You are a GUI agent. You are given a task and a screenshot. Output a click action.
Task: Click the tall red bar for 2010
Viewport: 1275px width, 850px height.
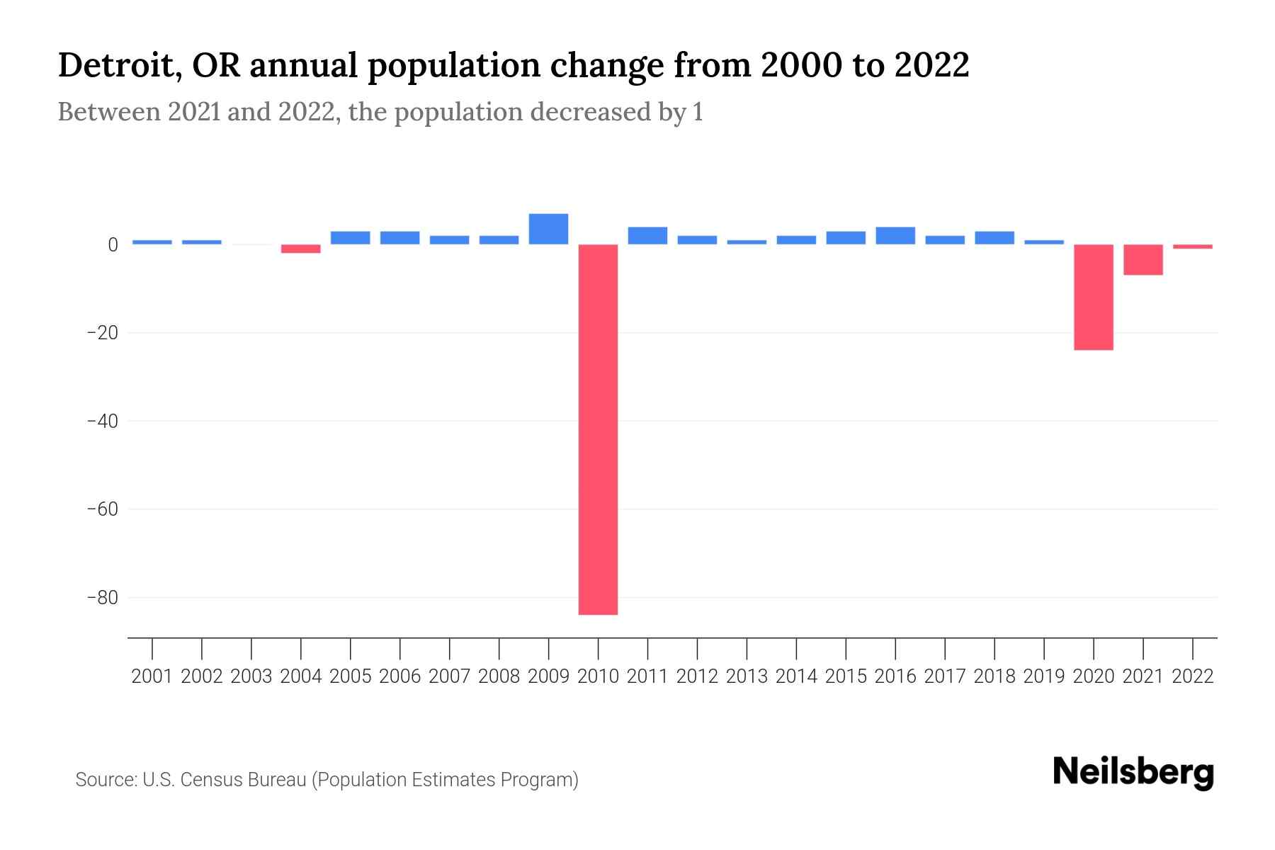[x=598, y=429]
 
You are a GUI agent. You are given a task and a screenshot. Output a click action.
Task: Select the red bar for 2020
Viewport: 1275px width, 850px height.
[x=1093, y=297]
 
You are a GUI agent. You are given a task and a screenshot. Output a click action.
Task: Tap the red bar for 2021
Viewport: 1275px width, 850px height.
[x=1143, y=259]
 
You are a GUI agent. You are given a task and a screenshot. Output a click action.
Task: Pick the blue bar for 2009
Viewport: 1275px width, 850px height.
[x=548, y=229]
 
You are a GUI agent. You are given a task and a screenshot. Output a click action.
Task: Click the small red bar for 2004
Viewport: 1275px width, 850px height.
[x=300, y=249]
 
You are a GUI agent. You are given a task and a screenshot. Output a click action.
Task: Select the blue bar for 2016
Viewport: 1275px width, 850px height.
[x=895, y=236]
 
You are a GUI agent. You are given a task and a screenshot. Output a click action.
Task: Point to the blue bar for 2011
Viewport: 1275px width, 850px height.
[x=647, y=236]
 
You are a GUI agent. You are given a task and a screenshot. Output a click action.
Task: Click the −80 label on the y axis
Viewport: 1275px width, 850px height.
[x=102, y=598]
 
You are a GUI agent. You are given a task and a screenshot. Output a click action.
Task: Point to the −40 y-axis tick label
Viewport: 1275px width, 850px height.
[x=102, y=421]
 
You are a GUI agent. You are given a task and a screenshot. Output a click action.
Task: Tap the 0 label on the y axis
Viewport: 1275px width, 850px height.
[x=113, y=245]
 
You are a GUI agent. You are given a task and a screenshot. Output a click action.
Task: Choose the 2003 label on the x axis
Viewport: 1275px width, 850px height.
[x=251, y=676]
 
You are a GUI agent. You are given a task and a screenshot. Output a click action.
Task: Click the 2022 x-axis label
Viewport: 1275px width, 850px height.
[x=1193, y=676]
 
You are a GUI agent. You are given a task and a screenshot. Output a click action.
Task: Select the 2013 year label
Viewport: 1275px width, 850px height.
[x=747, y=676]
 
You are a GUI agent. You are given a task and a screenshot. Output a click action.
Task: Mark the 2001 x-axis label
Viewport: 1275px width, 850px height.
[x=152, y=676]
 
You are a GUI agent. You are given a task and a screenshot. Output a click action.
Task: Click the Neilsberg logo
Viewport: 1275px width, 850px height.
[x=1133, y=772]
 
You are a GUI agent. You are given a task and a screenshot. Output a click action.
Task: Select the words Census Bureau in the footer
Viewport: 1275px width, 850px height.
[x=244, y=780]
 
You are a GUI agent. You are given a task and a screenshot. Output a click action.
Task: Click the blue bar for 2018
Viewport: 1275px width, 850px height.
[x=994, y=238]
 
